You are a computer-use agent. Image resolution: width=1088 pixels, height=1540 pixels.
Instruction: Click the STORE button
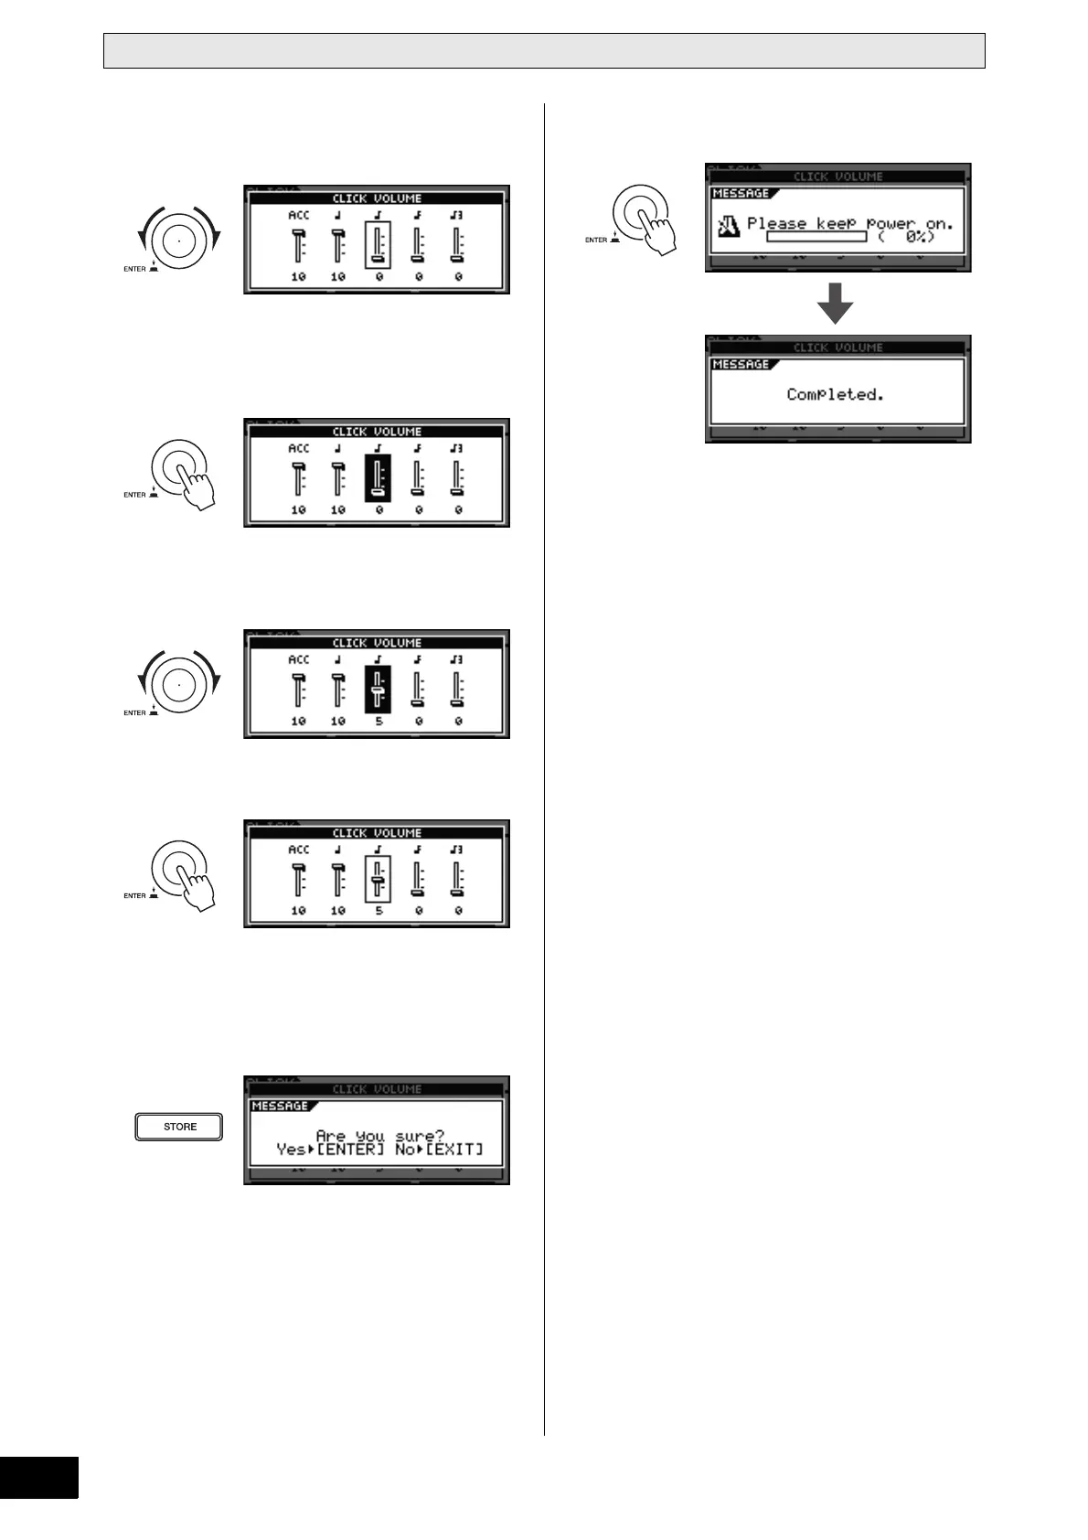point(179,1127)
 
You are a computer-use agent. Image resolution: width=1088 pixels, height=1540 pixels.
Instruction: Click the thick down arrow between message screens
point(835,304)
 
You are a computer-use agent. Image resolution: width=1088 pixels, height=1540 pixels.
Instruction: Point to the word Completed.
point(835,394)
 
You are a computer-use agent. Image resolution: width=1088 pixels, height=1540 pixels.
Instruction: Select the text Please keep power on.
point(849,222)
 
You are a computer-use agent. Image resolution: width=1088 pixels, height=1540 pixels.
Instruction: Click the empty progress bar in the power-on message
point(816,237)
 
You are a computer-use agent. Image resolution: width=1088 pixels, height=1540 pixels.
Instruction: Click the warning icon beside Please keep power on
point(729,224)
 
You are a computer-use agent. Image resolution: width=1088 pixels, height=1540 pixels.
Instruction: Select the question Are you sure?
point(379,1136)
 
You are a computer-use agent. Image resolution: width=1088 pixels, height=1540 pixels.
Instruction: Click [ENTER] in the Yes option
point(350,1150)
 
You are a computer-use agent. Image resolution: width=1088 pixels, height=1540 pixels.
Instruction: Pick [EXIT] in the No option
point(453,1150)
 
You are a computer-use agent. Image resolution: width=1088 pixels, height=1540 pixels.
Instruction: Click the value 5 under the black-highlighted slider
point(379,722)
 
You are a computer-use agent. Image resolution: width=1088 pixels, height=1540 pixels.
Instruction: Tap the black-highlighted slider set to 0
point(378,478)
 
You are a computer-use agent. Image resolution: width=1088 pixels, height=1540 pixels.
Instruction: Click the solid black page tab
point(38,1491)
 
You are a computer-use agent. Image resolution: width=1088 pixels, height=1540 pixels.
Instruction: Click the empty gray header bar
point(544,51)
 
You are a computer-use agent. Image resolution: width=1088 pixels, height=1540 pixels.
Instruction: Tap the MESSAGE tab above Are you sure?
point(282,1107)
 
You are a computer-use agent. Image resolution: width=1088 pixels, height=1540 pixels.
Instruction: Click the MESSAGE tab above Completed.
point(741,365)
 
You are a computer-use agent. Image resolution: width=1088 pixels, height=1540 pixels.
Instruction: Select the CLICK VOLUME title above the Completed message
point(837,348)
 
